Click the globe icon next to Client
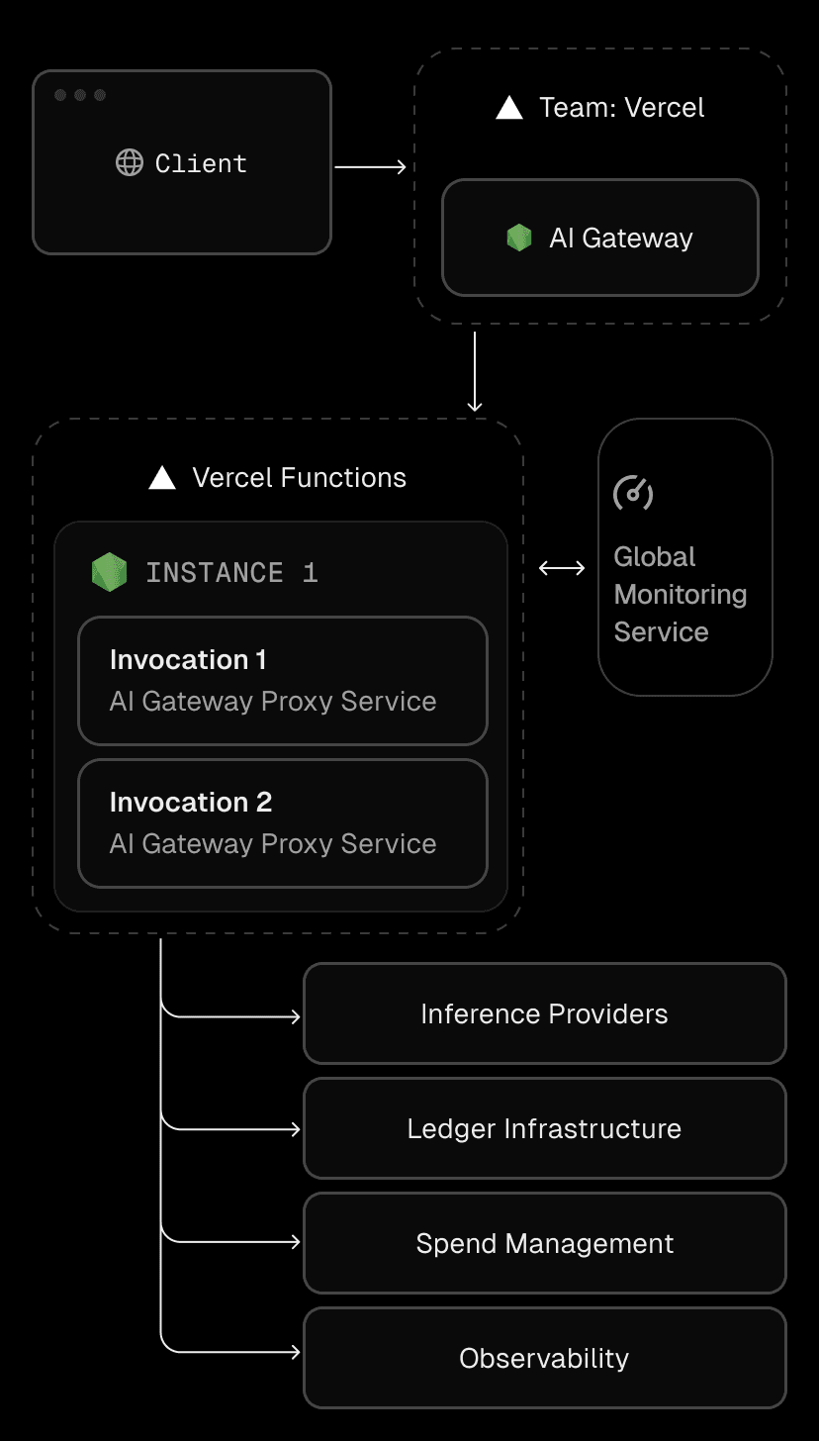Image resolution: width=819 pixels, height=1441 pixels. (x=130, y=162)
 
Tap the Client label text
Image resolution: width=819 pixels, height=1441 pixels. (x=201, y=163)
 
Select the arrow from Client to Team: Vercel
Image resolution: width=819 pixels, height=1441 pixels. (x=371, y=167)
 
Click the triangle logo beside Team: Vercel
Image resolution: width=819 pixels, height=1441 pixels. (x=509, y=108)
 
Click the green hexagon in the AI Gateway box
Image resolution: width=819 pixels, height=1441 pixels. (x=519, y=238)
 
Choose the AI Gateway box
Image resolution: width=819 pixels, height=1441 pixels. (x=599, y=238)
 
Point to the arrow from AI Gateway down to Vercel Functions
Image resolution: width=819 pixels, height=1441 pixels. (x=475, y=371)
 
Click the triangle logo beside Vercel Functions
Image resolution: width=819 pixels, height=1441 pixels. (x=162, y=478)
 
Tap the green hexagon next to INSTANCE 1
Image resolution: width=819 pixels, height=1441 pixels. (x=110, y=572)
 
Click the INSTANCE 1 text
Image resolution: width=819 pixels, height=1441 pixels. (x=231, y=573)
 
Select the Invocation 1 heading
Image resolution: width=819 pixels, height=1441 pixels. (x=188, y=660)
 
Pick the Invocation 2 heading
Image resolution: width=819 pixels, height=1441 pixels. (x=191, y=802)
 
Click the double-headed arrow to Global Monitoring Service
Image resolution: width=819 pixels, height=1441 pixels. (x=562, y=568)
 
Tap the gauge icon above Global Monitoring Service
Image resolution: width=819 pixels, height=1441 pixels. (x=633, y=493)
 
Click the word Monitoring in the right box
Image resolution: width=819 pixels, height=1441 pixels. (x=681, y=595)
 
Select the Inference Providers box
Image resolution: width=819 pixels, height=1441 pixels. (x=544, y=1013)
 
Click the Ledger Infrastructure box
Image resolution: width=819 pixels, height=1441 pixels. (x=544, y=1128)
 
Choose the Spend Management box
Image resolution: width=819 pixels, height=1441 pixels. (x=544, y=1243)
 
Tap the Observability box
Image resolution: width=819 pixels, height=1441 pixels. (x=544, y=1358)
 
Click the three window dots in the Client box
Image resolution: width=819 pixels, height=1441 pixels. (x=80, y=95)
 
